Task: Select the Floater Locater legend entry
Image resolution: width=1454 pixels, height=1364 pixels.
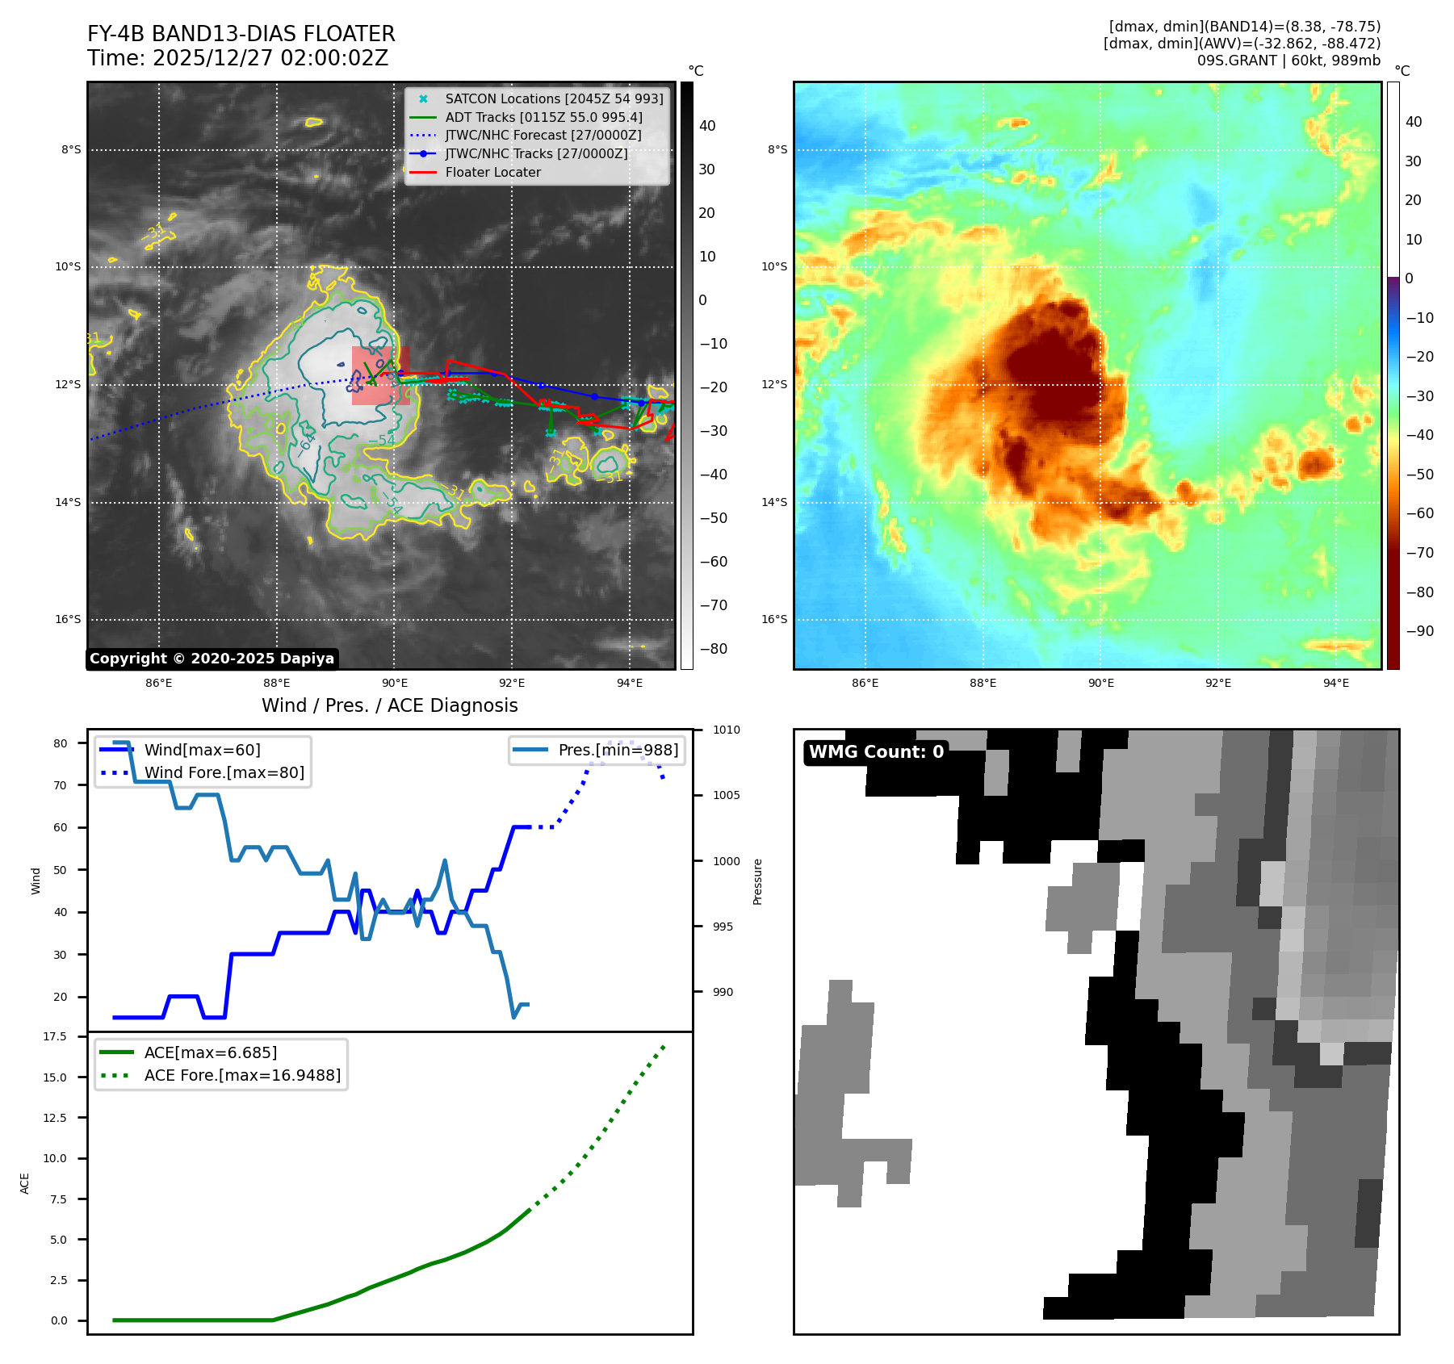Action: point(492,173)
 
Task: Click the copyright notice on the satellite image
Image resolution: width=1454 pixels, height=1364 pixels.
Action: point(212,659)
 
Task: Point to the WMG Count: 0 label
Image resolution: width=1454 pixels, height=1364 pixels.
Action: point(876,752)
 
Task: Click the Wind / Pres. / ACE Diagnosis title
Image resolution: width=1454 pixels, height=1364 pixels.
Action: point(389,705)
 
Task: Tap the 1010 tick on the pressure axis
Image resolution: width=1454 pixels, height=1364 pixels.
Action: point(726,730)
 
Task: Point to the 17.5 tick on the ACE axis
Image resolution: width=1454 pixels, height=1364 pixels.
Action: point(55,1036)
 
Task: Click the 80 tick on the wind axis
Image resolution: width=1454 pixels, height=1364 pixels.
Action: point(61,743)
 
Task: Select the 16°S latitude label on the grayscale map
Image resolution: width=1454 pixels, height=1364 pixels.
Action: point(68,620)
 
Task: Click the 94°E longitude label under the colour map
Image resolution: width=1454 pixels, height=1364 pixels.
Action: point(1335,684)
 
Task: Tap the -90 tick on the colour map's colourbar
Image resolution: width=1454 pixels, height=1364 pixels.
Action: point(1419,631)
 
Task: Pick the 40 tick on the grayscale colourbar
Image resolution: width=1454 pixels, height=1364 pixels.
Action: point(707,126)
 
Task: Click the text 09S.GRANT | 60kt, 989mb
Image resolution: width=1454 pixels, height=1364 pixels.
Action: point(1288,61)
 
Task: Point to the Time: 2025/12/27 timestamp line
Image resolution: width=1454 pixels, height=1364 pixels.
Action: point(237,59)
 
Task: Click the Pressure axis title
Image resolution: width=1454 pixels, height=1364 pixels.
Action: point(757,881)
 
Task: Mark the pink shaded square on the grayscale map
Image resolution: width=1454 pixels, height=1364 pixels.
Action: point(380,376)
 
